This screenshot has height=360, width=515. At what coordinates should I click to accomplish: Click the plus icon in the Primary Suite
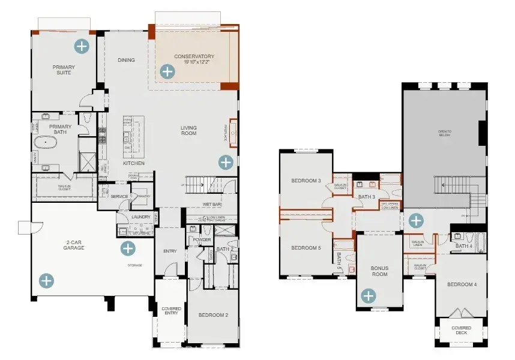80,46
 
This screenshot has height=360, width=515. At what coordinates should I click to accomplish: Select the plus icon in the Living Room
226,161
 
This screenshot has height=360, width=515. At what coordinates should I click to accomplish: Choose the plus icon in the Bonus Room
368,295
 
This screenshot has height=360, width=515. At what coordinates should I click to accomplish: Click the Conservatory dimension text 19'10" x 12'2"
194,63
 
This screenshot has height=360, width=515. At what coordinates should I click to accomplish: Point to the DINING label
126,60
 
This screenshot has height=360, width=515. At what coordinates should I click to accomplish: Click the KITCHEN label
133,163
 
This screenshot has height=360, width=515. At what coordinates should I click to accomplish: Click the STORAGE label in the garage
134,265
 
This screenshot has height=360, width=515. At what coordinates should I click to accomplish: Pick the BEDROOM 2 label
213,315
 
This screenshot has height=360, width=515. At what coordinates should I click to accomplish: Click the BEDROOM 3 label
306,181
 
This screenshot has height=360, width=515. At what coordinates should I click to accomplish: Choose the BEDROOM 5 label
306,248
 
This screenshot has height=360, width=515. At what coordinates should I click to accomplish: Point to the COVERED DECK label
461,331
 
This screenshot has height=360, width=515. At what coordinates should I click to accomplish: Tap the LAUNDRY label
140,217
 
